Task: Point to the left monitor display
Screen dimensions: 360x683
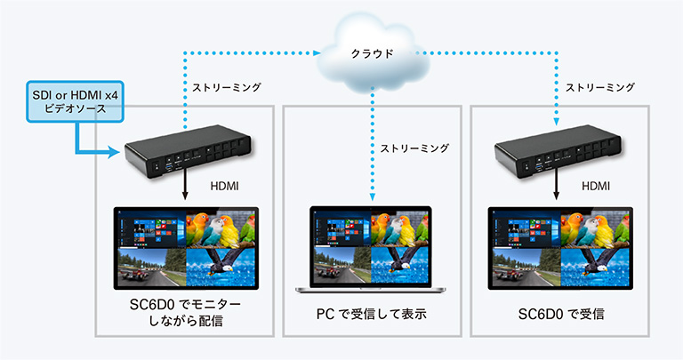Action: click(188, 250)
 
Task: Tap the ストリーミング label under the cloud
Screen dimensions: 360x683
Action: click(414, 148)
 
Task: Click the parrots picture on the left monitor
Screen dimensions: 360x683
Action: click(221, 229)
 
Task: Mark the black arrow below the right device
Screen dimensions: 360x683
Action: click(558, 187)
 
